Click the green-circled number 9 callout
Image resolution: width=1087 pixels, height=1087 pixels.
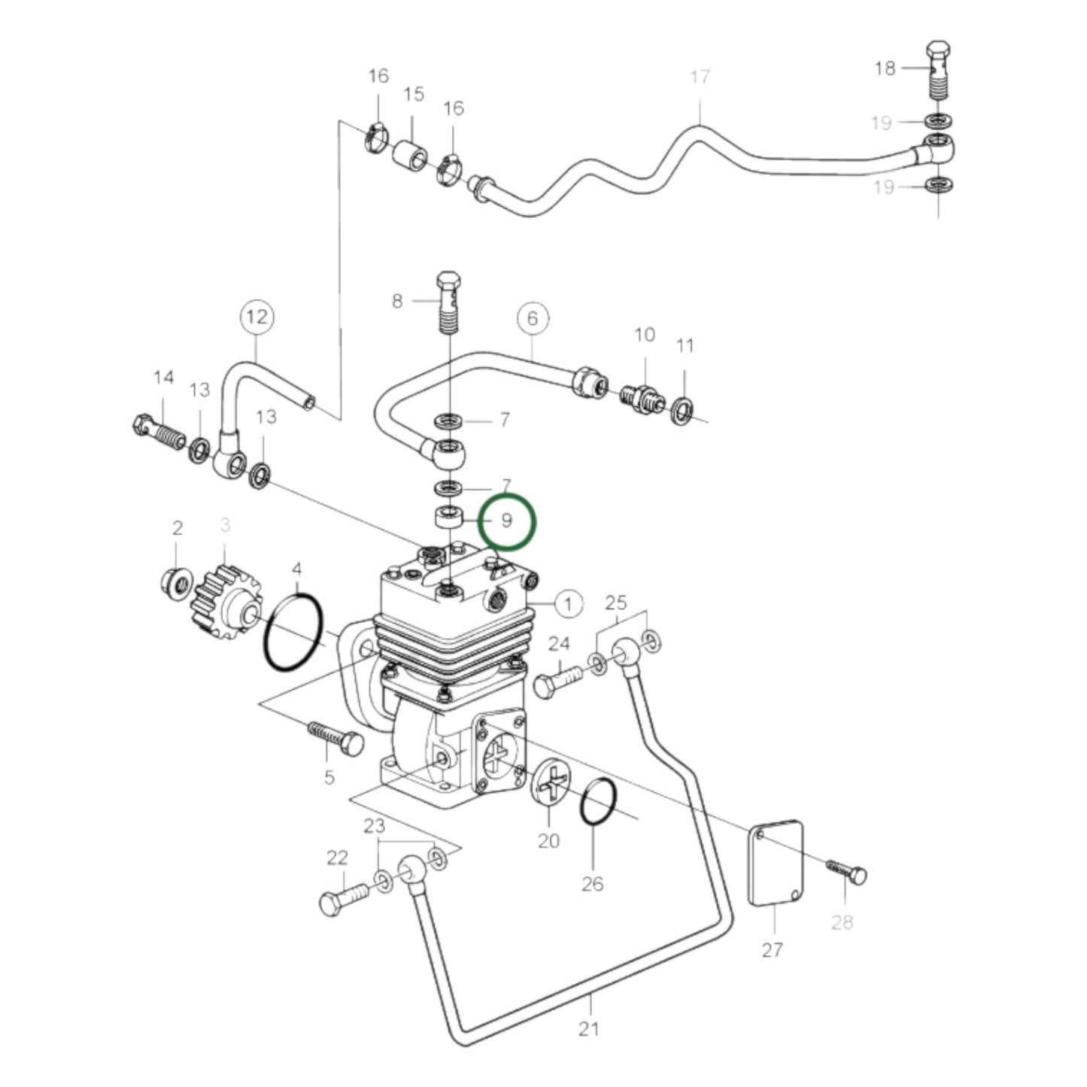(507, 521)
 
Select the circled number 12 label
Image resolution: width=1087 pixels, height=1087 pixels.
(257, 317)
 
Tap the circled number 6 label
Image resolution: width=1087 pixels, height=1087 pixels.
(533, 318)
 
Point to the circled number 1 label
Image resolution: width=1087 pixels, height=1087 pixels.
(569, 603)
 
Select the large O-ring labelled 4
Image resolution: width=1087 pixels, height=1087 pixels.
(293, 632)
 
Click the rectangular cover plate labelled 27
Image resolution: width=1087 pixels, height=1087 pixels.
(776, 862)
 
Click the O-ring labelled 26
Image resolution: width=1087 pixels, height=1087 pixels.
(599, 802)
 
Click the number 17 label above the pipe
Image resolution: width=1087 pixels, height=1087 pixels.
(700, 77)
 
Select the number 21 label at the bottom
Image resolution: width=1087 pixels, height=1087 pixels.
(588, 1028)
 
